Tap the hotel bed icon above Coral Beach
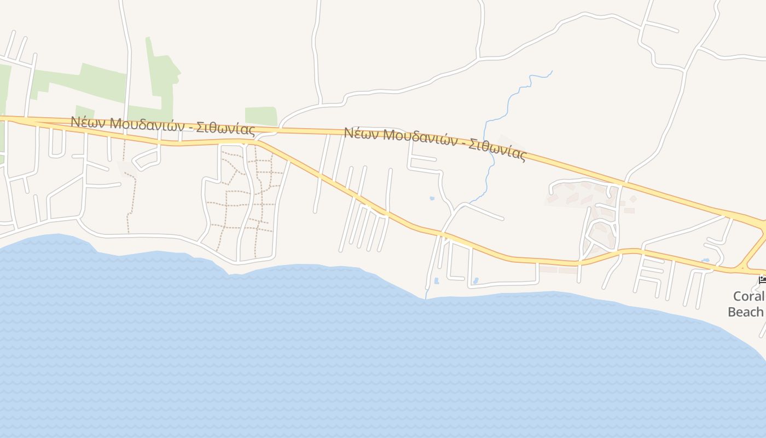click(x=762, y=281)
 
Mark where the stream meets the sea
click(x=426, y=298)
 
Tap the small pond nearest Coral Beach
click(x=705, y=260)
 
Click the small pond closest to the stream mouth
click(x=436, y=281)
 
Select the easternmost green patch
click(x=260, y=116)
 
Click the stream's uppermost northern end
click(x=552, y=71)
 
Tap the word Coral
click(x=747, y=296)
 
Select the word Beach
click(x=745, y=312)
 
